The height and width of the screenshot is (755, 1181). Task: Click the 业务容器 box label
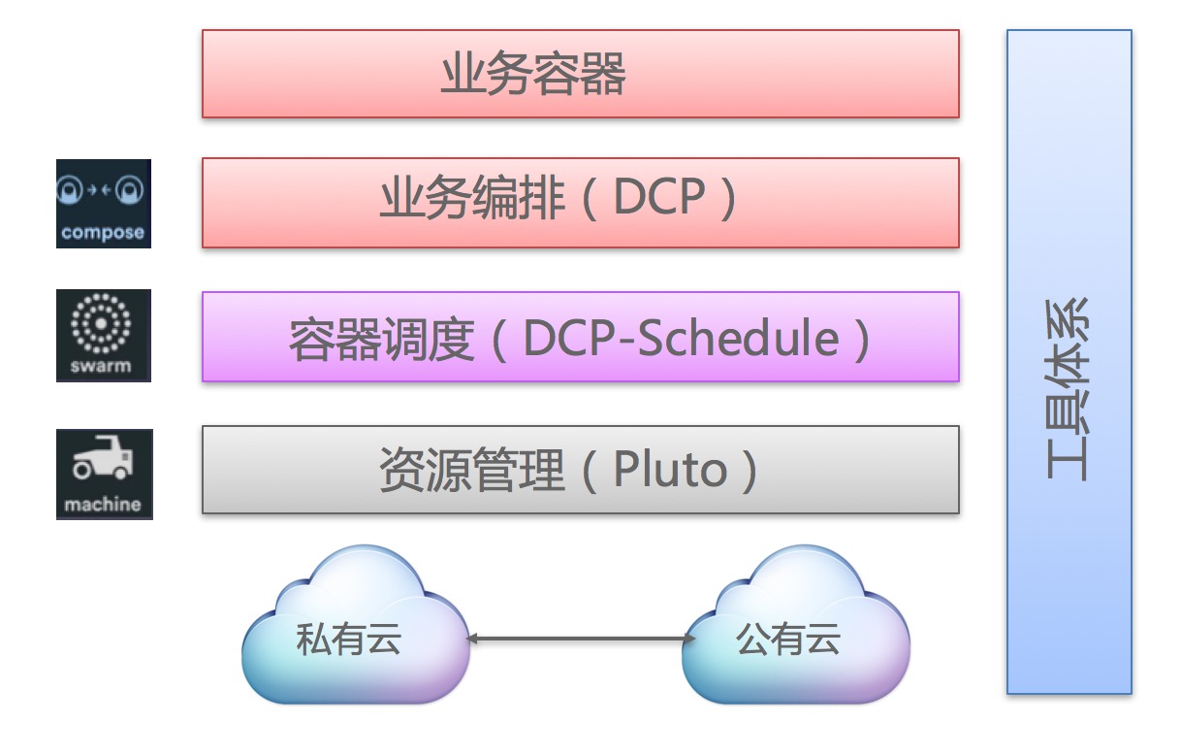pyautogui.click(x=533, y=74)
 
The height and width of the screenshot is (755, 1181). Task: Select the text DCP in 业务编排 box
pyautogui.click(x=659, y=196)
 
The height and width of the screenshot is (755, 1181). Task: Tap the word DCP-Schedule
pyautogui.click(x=681, y=338)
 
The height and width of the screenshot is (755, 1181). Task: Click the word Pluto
pyautogui.click(x=670, y=469)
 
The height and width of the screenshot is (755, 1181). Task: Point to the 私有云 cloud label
pyautogui.click(x=348, y=639)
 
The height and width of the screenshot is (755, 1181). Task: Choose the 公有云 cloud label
pyautogui.click(x=787, y=639)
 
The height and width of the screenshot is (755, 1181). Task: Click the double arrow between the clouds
pyautogui.click(x=581, y=639)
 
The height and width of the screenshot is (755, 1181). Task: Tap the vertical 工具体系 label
pyautogui.click(x=1068, y=389)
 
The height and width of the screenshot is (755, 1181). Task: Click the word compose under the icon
pyautogui.click(x=103, y=232)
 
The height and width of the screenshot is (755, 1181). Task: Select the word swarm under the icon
pyautogui.click(x=101, y=366)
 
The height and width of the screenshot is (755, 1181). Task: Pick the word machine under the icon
pyautogui.click(x=103, y=505)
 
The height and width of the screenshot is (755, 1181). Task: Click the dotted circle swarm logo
pyautogui.click(x=101, y=323)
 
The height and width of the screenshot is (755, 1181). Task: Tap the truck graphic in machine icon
pyautogui.click(x=103, y=457)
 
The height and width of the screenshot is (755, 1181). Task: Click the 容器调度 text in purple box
pyautogui.click(x=381, y=339)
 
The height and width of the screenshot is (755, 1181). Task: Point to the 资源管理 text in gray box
pyautogui.click(x=472, y=469)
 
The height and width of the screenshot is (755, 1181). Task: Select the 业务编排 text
pyautogui.click(x=472, y=197)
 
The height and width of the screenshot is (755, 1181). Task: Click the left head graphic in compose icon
pyautogui.click(x=70, y=190)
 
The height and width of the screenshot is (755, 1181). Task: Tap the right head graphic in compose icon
pyautogui.click(x=130, y=190)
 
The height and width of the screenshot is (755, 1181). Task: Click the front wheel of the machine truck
pyautogui.click(x=121, y=472)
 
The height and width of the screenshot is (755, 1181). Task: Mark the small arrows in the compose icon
pyautogui.click(x=100, y=189)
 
